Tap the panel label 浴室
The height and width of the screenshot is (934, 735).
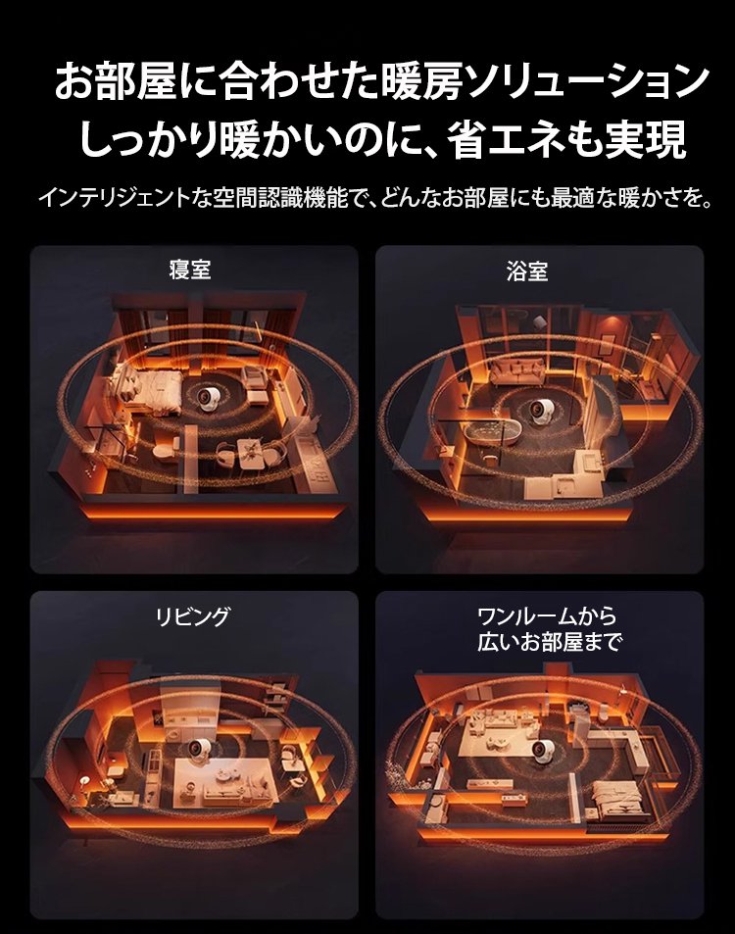tap(527, 271)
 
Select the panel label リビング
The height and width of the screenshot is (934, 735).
tap(192, 615)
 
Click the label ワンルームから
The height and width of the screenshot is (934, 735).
tap(547, 615)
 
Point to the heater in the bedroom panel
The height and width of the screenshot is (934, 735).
tap(210, 399)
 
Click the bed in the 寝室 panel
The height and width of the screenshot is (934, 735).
tap(146, 388)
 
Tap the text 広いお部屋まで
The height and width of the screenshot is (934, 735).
tap(550, 642)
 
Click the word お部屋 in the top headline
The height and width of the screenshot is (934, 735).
tap(117, 81)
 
